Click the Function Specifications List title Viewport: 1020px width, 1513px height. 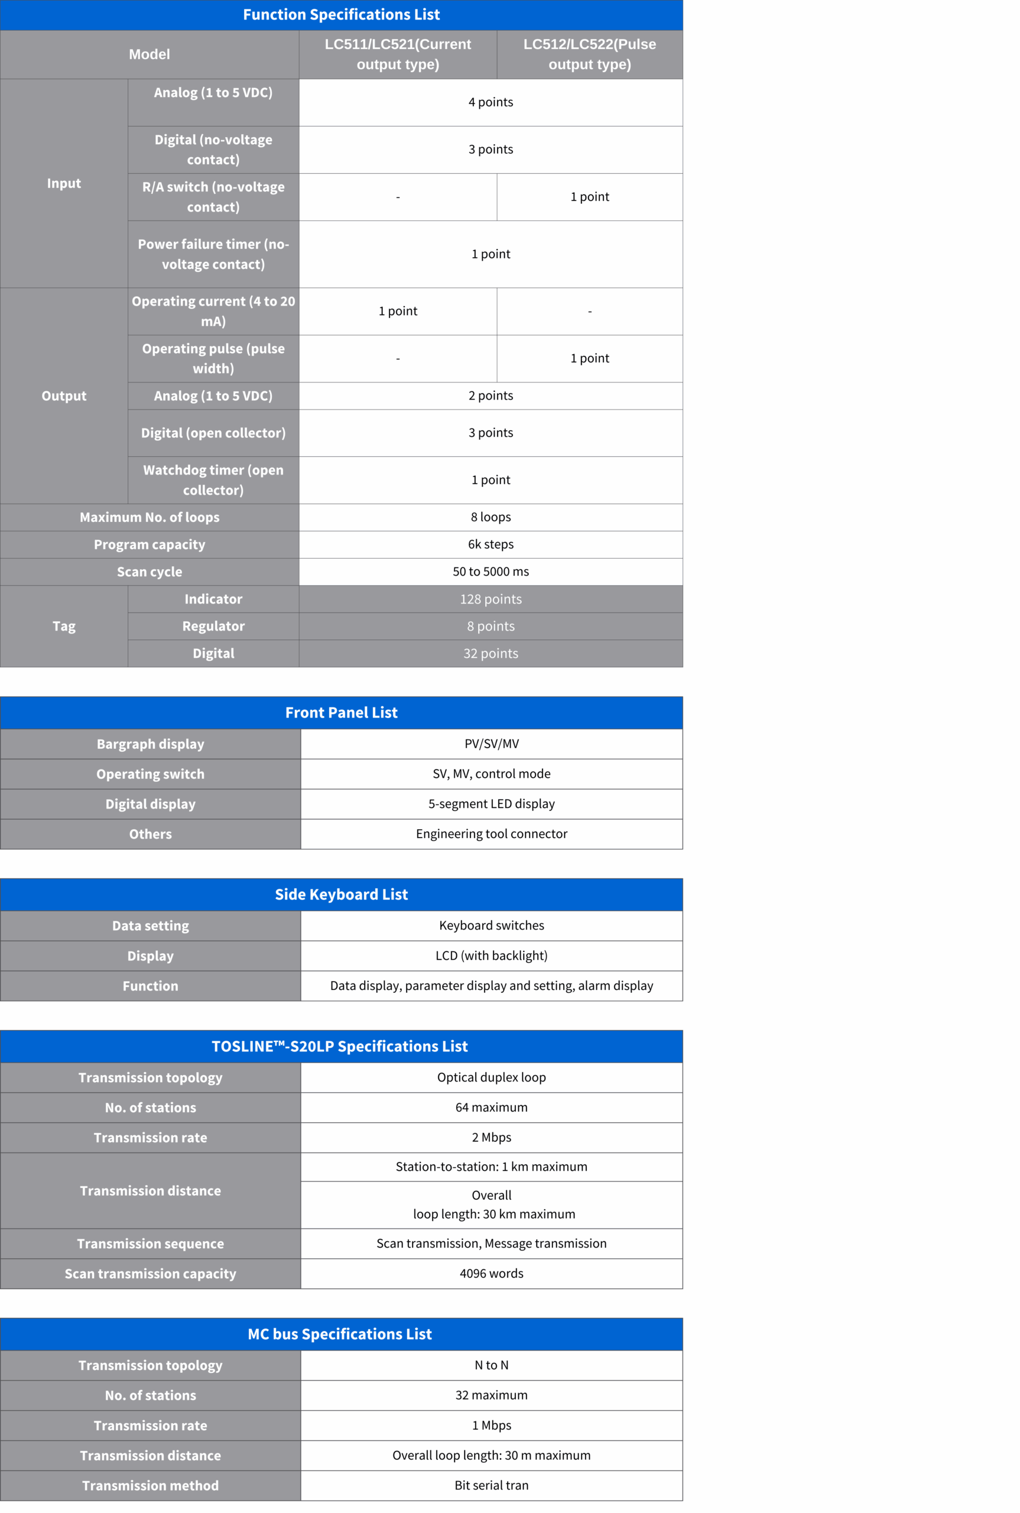pos(341,14)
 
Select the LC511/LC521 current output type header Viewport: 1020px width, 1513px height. pos(398,54)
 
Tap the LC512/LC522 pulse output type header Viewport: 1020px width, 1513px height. pos(589,54)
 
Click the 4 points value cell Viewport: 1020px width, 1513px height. pos(490,102)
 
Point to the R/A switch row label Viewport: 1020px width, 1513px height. pos(213,196)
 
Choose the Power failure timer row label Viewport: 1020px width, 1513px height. pos(213,254)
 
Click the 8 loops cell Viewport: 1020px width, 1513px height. pos(490,517)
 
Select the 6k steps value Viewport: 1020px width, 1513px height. pos(490,544)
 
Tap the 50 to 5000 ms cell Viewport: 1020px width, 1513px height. pos(490,572)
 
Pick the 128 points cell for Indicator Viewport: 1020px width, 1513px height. pos(490,599)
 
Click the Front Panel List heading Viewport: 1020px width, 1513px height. pos(341,712)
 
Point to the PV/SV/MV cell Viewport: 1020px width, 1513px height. pos(491,743)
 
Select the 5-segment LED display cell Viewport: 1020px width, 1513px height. pos(491,804)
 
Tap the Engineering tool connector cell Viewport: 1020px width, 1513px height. pos(491,834)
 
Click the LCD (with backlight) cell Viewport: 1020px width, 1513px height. pos(491,956)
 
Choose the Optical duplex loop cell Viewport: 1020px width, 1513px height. pos(491,1077)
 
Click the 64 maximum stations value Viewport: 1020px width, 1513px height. pos(491,1107)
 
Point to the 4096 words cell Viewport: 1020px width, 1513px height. pos(491,1273)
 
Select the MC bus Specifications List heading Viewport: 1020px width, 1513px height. pos(340,1334)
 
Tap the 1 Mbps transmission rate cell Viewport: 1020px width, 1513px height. pos(491,1425)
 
